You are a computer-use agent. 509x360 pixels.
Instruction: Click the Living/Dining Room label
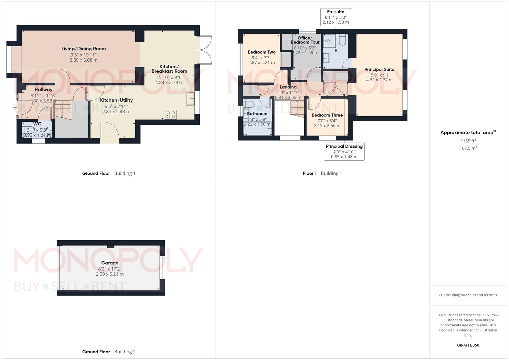pos(84,49)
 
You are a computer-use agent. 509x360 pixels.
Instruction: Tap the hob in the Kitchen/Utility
pos(171,115)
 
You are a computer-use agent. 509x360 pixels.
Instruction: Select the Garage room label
pos(110,263)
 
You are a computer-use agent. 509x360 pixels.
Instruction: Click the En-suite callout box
pos(336,17)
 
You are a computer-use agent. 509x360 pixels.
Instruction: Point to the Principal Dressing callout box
pos(344,152)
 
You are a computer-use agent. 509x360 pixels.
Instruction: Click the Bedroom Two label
pos(262,52)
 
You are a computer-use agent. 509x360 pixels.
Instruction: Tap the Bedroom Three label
pos(327,115)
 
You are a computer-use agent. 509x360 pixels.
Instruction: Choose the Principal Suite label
pos(379,69)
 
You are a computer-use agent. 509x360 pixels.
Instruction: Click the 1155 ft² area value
pos(468,141)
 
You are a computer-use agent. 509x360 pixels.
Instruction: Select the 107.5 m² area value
pos(468,148)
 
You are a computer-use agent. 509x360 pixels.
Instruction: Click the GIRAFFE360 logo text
pos(468,345)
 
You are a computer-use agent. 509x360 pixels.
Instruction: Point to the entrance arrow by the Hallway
pos(15,107)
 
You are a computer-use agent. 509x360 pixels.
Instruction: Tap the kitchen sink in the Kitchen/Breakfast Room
pos(190,98)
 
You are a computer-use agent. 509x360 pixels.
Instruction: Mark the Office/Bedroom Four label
pos(305,40)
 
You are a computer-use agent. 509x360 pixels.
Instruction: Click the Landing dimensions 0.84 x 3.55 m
pos(288,97)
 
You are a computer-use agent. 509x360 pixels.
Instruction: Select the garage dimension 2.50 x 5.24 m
pos(110,274)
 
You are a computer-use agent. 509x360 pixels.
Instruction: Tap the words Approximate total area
pos(467,133)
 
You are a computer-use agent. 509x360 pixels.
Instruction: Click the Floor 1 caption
pos(309,173)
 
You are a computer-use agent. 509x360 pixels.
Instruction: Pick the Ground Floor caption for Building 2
pos(96,352)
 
